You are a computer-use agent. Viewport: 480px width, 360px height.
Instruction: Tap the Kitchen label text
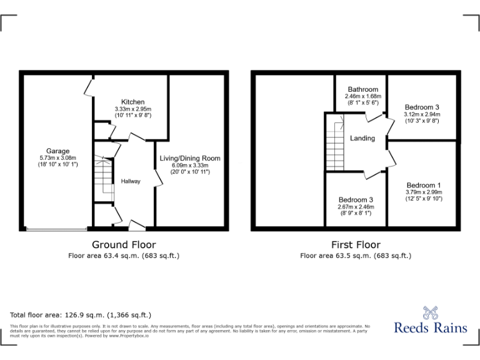132,102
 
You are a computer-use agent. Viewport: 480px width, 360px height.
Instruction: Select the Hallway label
131,181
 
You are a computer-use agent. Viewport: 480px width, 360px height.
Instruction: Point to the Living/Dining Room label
189,159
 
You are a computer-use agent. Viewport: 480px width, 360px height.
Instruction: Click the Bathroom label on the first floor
363,89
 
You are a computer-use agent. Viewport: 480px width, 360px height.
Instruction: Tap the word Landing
362,138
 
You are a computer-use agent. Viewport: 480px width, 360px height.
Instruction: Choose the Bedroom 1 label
423,186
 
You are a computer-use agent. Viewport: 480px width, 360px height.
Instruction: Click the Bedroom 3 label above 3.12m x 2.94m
422,107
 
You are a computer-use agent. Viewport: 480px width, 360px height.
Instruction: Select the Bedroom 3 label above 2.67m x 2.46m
354,199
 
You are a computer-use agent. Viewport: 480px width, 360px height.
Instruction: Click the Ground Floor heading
124,244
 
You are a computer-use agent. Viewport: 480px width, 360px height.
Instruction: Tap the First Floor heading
356,244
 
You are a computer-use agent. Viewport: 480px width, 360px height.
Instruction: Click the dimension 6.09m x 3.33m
189,166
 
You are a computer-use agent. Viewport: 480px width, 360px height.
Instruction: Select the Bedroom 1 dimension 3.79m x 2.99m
423,192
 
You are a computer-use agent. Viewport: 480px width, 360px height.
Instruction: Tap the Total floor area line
81,315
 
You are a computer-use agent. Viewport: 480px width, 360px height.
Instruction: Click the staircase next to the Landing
334,146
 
